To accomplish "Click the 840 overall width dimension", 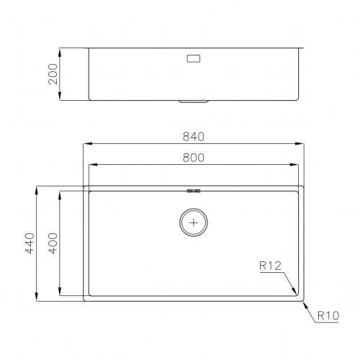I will [194, 136].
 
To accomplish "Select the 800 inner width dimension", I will [194, 157].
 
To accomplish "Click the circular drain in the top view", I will [193, 222].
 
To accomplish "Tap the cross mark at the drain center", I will [193, 222].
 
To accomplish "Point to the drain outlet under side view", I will [193, 102].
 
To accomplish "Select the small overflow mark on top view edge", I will [193, 191].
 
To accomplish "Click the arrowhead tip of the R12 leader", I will [296, 292].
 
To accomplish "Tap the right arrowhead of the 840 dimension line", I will [302, 144].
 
